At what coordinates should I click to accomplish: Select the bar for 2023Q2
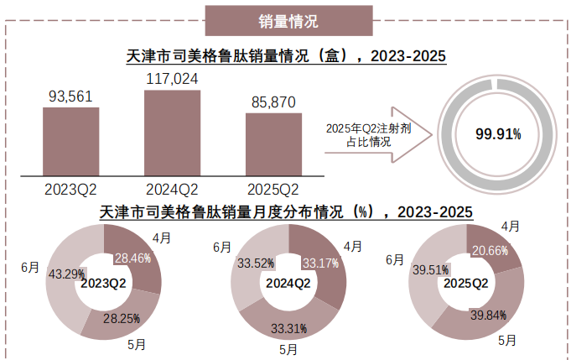click(x=71, y=140)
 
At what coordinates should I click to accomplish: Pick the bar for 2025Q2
click(x=273, y=143)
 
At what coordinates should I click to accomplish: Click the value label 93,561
click(x=71, y=97)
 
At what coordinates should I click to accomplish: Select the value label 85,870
click(x=273, y=102)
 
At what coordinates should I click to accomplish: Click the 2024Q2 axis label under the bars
click(x=172, y=188)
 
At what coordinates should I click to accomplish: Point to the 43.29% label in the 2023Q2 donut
click(x=66, y=274)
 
